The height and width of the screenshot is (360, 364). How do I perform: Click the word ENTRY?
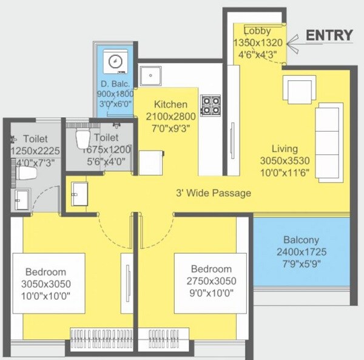point(328,35)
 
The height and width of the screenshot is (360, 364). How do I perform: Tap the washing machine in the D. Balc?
point(114,61)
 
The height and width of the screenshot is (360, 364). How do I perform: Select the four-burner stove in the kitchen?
point(211,104)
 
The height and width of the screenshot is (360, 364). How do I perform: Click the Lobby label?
point(257,31)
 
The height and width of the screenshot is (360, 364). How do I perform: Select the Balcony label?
point(301,240)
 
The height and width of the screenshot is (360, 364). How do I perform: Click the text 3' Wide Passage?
point(213,194)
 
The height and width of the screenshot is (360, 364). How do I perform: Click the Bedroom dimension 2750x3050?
point(211,280)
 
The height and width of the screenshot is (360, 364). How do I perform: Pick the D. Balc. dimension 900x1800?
point(115,94)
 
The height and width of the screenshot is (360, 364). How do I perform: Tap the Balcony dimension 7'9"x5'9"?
point(301,263)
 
